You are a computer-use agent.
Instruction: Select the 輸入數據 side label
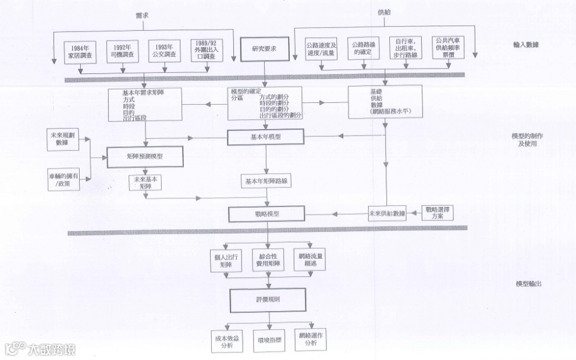(526, 45)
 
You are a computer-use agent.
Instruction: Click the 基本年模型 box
(266, 137)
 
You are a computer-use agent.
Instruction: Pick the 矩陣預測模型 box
(145, 156)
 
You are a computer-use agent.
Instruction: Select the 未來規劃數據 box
(65, 138)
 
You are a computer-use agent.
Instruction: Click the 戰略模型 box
(266, 214)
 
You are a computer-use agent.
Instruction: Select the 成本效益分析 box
(226, 340)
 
